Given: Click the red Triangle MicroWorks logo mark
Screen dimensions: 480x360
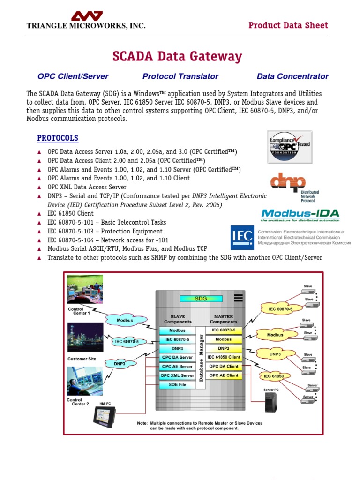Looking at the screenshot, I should point(86,15).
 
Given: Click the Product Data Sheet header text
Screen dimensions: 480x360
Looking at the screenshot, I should point(288,25).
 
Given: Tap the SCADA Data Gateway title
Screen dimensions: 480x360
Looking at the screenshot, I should point(177,57).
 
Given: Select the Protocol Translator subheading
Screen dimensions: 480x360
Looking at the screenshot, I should point(180,76).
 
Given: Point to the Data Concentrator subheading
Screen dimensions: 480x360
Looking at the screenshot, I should point(292,76).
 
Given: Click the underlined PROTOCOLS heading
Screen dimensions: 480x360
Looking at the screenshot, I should point(58,138).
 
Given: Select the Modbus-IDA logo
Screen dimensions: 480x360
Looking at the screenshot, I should point(300,215).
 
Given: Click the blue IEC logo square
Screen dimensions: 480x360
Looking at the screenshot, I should point(242,238).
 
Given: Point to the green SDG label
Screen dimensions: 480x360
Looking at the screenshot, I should point(200,298).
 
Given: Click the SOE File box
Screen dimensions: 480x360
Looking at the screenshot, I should point(177,385).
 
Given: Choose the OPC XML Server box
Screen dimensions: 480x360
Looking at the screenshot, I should point(177,375).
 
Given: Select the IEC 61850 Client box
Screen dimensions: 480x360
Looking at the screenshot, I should point(224,357).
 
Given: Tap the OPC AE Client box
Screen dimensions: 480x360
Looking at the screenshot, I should point(224,375).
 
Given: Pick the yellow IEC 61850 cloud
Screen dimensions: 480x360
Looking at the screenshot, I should point(274,376).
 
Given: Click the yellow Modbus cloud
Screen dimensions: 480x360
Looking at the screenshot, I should point(275,335).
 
